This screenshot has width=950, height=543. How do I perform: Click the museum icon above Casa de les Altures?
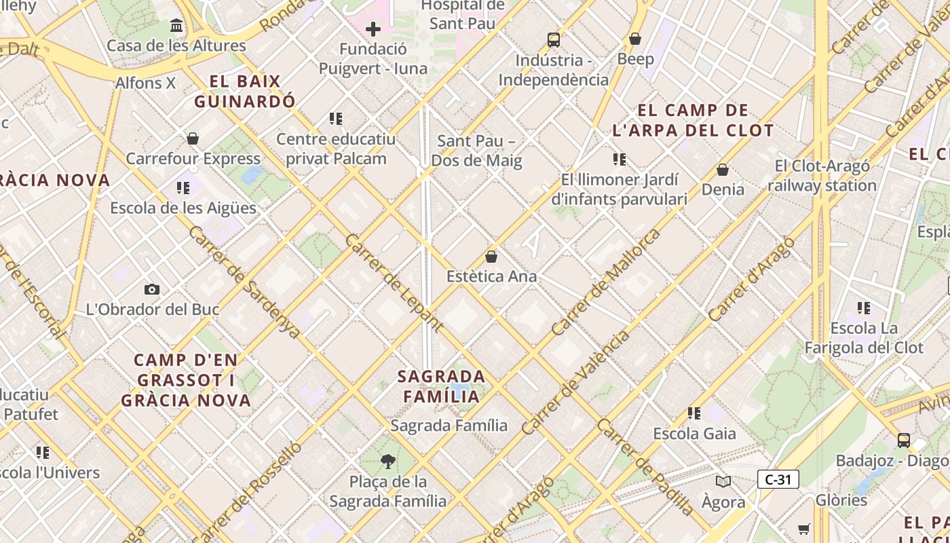click(x=176, y=26)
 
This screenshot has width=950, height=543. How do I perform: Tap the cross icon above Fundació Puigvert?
click(x=373, y=29)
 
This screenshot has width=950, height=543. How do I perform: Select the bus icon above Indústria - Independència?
click(x=554, y=40)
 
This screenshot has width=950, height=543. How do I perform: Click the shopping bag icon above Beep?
click(x=635, y=39)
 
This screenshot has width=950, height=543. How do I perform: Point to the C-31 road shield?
click(x=778, y=479)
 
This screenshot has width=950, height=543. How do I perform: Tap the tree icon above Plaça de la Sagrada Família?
click(x=387, y=462)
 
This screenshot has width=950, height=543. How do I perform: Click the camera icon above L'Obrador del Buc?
click(x=152, y=289)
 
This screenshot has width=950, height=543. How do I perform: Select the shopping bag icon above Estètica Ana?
click(x=491, y=257)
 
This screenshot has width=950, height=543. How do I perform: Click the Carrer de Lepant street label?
click(x=394, y=282)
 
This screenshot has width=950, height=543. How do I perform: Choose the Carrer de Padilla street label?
click(x=646, y=466)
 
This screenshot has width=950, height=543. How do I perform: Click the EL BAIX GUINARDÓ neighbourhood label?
click(x=245, y=92)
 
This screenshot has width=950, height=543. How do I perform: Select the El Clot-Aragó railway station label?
click(x=822, y=176)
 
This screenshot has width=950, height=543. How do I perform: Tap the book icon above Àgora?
click(x=723, y=481)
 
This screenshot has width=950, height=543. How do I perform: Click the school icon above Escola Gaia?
click(x=693, y=413)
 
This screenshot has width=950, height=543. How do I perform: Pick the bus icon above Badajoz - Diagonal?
click(x=904, y=440)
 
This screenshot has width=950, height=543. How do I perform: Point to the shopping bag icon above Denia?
click(x=723, y=169)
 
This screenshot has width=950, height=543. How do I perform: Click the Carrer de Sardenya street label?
click(x=244, y=282)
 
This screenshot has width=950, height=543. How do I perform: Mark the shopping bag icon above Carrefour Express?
click(x=193, y=138)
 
